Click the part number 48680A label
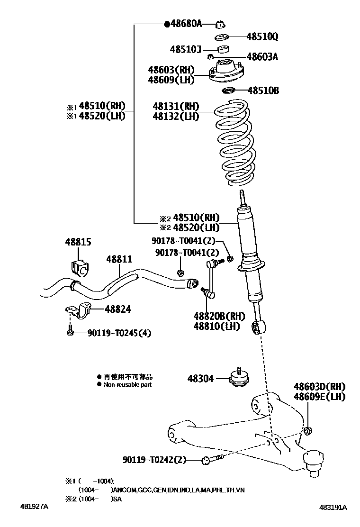pos(185,23)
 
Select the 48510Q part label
pos(262,36)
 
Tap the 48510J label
pos(186,49)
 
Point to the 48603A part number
pos(262,57)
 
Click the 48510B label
pos(263,90)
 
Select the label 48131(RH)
pos(176,106)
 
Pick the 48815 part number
pos(78,242)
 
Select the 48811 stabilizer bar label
pos(119,259)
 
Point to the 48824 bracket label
pos(118,309)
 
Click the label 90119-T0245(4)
pos(119,333)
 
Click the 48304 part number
pos(200,379)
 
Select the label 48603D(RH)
pos(319,387)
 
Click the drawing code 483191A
pos(333,507)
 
